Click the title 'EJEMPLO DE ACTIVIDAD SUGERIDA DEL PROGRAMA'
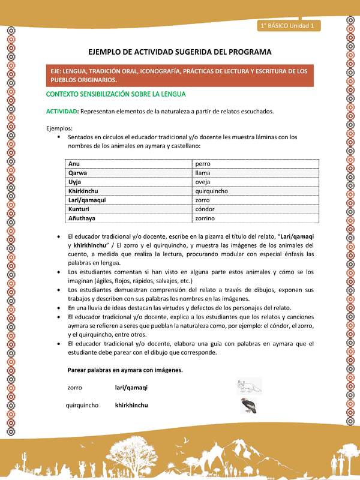[179, 52]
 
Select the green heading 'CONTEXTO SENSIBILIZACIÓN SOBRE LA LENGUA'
[116, 94]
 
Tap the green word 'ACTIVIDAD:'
[62, 111]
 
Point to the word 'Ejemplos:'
[59, 128]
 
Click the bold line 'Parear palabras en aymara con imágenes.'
[125, 370]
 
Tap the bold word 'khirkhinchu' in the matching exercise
[131, 405]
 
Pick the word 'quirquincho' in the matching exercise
[82, 405]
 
